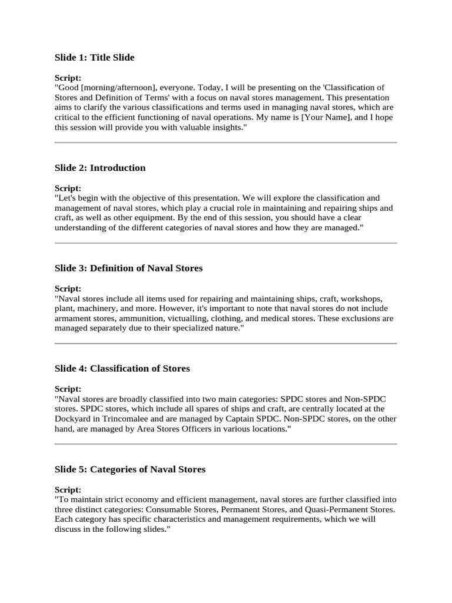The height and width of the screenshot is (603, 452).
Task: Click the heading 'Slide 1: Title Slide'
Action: [94, 57]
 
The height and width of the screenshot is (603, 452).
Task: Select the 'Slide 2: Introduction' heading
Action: [100, 168]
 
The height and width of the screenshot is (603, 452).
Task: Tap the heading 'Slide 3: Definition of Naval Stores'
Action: [128, 268]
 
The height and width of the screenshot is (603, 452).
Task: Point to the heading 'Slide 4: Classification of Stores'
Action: [122, 369]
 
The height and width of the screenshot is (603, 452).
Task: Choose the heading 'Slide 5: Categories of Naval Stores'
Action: [130, 469]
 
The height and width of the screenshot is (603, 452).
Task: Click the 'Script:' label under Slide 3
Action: [68, 289]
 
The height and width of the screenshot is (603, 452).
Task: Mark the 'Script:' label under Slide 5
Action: [68, 489]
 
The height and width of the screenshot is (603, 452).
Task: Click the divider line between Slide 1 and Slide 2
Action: [225, 143]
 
